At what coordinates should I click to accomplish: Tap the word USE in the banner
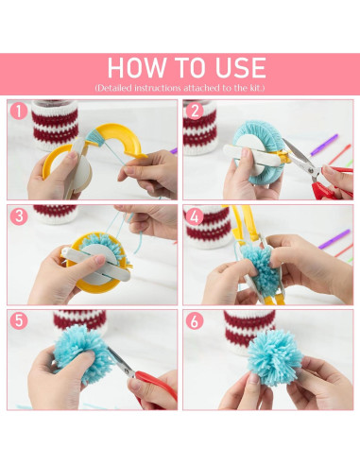pos(240,67)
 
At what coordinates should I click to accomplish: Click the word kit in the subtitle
pos(255,88)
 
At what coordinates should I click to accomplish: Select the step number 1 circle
pos(19,112)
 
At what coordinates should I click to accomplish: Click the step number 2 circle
pos(195,112)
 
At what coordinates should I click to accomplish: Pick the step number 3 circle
pos(19,216)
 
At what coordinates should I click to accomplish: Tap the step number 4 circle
pos(195,216)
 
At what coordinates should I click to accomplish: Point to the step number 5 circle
pos(19,321)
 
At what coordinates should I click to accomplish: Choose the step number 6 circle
pos(195,321)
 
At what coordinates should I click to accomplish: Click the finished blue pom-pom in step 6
pos(275,357)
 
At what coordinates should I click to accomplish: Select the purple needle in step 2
pos(324,145)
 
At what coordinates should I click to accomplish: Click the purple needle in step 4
pos(334,239)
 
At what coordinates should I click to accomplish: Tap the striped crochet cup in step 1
pos(55,125)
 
